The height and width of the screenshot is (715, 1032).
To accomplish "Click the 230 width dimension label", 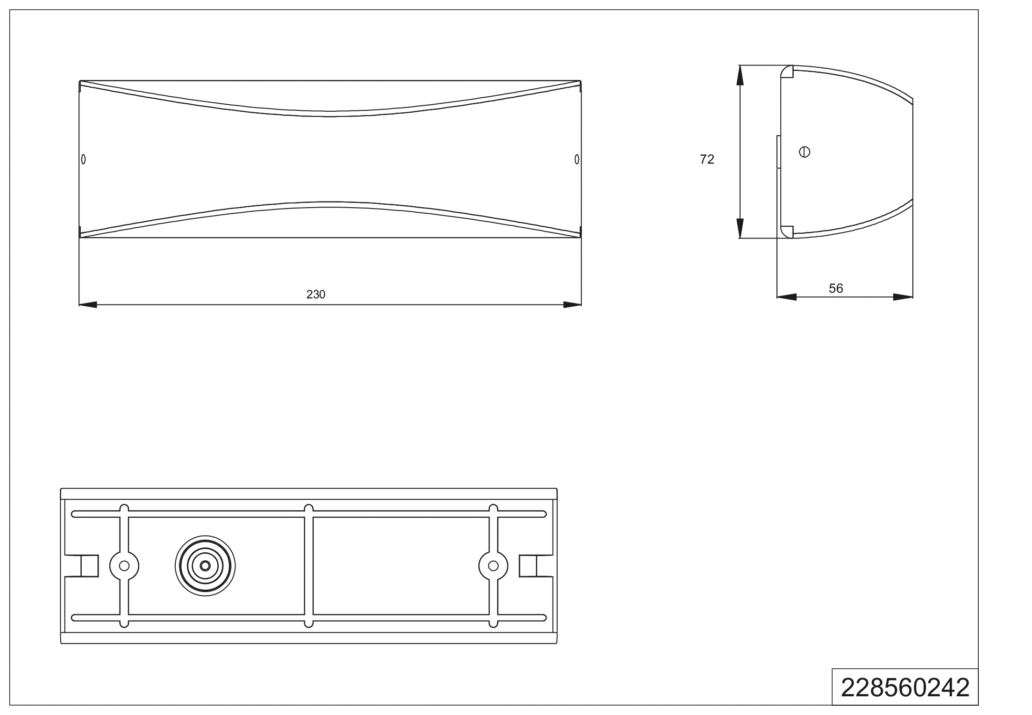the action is [316, 295].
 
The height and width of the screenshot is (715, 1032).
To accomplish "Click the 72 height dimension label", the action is [707, 159].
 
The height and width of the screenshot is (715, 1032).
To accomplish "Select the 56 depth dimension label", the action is [836, 289].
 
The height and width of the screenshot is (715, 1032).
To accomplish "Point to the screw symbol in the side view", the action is [804, 152].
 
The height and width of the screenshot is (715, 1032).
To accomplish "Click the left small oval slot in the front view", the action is [84, 159].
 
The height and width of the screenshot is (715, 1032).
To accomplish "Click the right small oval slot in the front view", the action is [577, 159].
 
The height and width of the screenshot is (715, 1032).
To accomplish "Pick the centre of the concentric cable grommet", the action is [205, 566].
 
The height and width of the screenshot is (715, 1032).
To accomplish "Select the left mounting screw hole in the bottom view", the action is [124, 566].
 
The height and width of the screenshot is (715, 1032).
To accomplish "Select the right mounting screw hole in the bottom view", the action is [493, 566].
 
